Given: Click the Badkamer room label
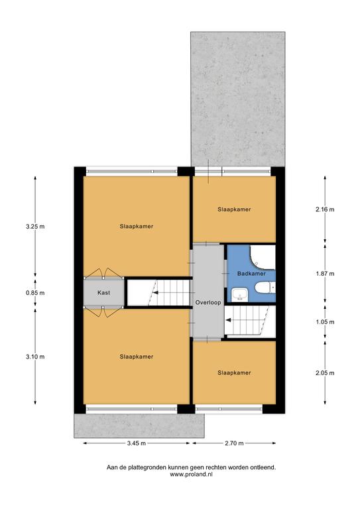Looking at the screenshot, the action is pyautogui.click(x=251, y=274).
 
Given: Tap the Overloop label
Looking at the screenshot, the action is pyautogui.click(x=208, y=302).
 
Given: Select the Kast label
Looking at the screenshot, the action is pyautogui.click(x=103, y=293).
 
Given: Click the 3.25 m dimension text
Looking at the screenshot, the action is pyautogui.click(x=35, y=227).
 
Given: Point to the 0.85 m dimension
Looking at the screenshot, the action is pyautogui.click(x=35, y=293).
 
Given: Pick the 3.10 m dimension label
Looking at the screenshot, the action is pyautogui.click(x=35, y=357).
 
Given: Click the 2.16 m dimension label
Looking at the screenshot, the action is pyautogui.click(x=325, y=209).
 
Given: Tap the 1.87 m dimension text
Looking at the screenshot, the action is pyautogui.click(x=325, y=274).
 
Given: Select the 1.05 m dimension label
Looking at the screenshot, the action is pyautogui.click(x=325, y=322).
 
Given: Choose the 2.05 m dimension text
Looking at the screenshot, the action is pyautogui.click(x=325, y=373).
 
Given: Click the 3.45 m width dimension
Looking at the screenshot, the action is pyautogui.click(x=137, y=443).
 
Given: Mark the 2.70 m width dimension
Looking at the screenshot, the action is pyautogui.click(x=234, y=443).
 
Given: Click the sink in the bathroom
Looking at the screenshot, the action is pyautogui.click(x=239, y=295).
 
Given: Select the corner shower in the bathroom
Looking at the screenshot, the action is pyautogui.click(x=263, y=257).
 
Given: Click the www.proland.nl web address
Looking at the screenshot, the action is pyautogui.click(x=191, y=475).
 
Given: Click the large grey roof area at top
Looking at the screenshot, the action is pyautogui.click(x=237, y=99).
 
